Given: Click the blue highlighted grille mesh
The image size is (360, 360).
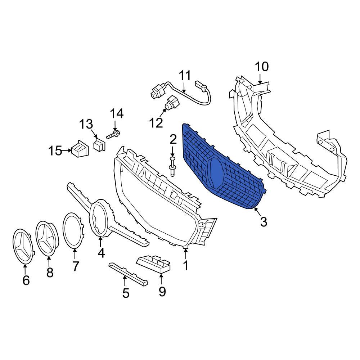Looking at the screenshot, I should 202,155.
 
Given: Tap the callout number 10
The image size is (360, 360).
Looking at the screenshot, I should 262,67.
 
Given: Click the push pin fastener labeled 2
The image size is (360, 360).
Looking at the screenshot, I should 172,167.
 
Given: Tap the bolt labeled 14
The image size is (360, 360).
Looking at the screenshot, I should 113,136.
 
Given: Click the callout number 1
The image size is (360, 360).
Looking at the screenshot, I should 186,266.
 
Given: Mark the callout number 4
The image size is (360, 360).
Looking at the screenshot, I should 101,253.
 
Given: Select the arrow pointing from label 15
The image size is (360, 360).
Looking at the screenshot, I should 66,150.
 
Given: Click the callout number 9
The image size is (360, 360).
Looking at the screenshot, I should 162,291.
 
